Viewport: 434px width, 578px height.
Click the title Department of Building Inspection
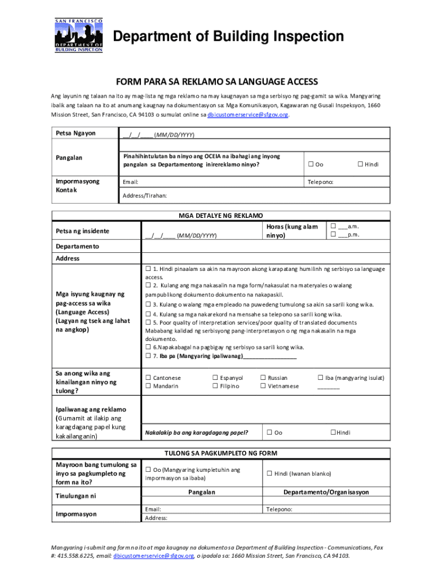229,37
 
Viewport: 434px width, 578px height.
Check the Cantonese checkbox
148,378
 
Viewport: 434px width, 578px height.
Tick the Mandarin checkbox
148,386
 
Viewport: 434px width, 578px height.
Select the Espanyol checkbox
215,378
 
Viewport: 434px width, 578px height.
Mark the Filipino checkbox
215,386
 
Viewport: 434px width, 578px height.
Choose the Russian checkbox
263,378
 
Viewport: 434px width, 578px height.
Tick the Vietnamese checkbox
263,386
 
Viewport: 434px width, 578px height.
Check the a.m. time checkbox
333,226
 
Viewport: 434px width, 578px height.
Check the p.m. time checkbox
333,234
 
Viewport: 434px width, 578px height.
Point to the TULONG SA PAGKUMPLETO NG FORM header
220,453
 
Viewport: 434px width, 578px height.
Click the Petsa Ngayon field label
76,133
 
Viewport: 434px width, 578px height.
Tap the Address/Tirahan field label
145,195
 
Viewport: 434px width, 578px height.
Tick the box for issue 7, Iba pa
148,356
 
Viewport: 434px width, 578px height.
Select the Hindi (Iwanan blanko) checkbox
269,474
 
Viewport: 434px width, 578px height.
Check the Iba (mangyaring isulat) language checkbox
320,378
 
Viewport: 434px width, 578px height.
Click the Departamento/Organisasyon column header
326,492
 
